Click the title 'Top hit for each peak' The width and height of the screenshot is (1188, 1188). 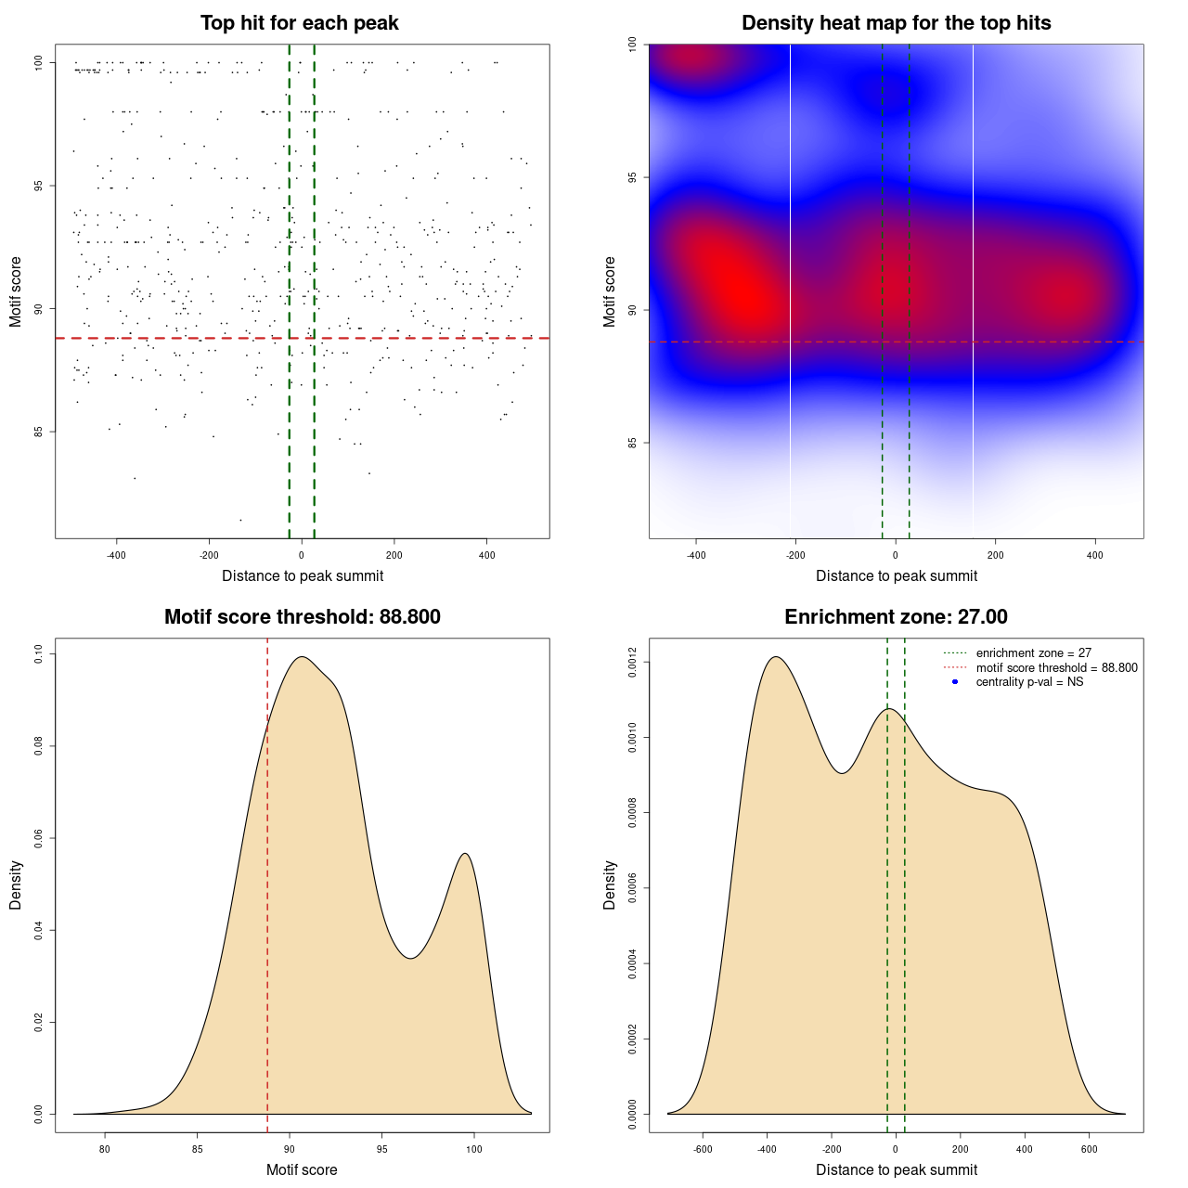click(299, 23)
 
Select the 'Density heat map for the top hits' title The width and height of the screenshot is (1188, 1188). click(896, 23)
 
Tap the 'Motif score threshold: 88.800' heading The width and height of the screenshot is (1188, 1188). click(302, 617)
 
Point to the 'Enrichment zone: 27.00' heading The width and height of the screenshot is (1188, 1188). click(896, 617)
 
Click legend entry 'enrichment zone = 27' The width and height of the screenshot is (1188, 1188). click(1033, 653)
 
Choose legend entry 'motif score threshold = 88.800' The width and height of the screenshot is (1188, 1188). click(1056, 668)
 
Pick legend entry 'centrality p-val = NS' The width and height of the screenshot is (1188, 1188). click(1029, 682)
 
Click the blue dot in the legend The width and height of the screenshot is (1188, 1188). click(955, 682)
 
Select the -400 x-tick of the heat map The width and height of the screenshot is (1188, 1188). click(696, 556)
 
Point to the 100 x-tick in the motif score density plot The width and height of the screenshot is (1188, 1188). click(474, 1150)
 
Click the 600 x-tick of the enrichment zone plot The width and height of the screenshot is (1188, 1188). click(1089, 1150)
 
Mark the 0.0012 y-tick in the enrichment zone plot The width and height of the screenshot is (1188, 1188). click(633, 663)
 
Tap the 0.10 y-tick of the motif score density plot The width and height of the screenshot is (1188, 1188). click(39, 654)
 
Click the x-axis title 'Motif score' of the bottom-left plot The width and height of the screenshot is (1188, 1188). click(302, 1170)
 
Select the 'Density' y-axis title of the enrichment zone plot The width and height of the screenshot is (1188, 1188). click(610, 885)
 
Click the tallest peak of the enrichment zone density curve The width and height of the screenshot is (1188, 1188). click(776, 657)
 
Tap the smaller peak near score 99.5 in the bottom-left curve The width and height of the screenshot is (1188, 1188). click(466, 854)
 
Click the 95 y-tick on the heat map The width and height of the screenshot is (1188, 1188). click(633, 177)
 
